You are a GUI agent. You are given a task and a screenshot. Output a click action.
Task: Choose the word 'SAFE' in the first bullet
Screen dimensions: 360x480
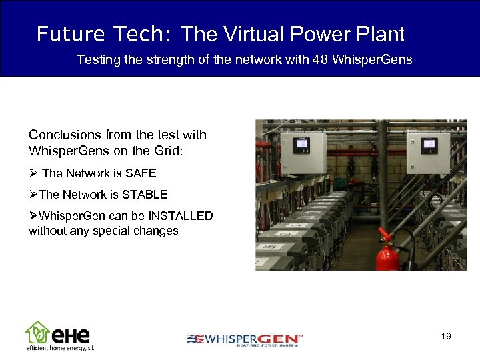pyautogui.click(x=141, y=173)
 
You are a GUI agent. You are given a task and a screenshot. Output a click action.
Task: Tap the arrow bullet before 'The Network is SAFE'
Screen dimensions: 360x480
pyautogui.click(x=33, y=173)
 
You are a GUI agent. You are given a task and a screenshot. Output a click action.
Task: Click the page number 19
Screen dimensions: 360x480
pyautogui.click(x=446, y=336)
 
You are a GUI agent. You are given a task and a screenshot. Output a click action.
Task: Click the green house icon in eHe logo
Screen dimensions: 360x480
pyautogui.click(x=37, y=331)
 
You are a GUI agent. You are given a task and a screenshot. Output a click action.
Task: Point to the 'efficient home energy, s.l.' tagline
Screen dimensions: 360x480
pyautogui.click(x=61, y=348)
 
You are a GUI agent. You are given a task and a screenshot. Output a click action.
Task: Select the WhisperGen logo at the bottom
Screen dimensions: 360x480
pyautogui.click(x=245, y=339)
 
